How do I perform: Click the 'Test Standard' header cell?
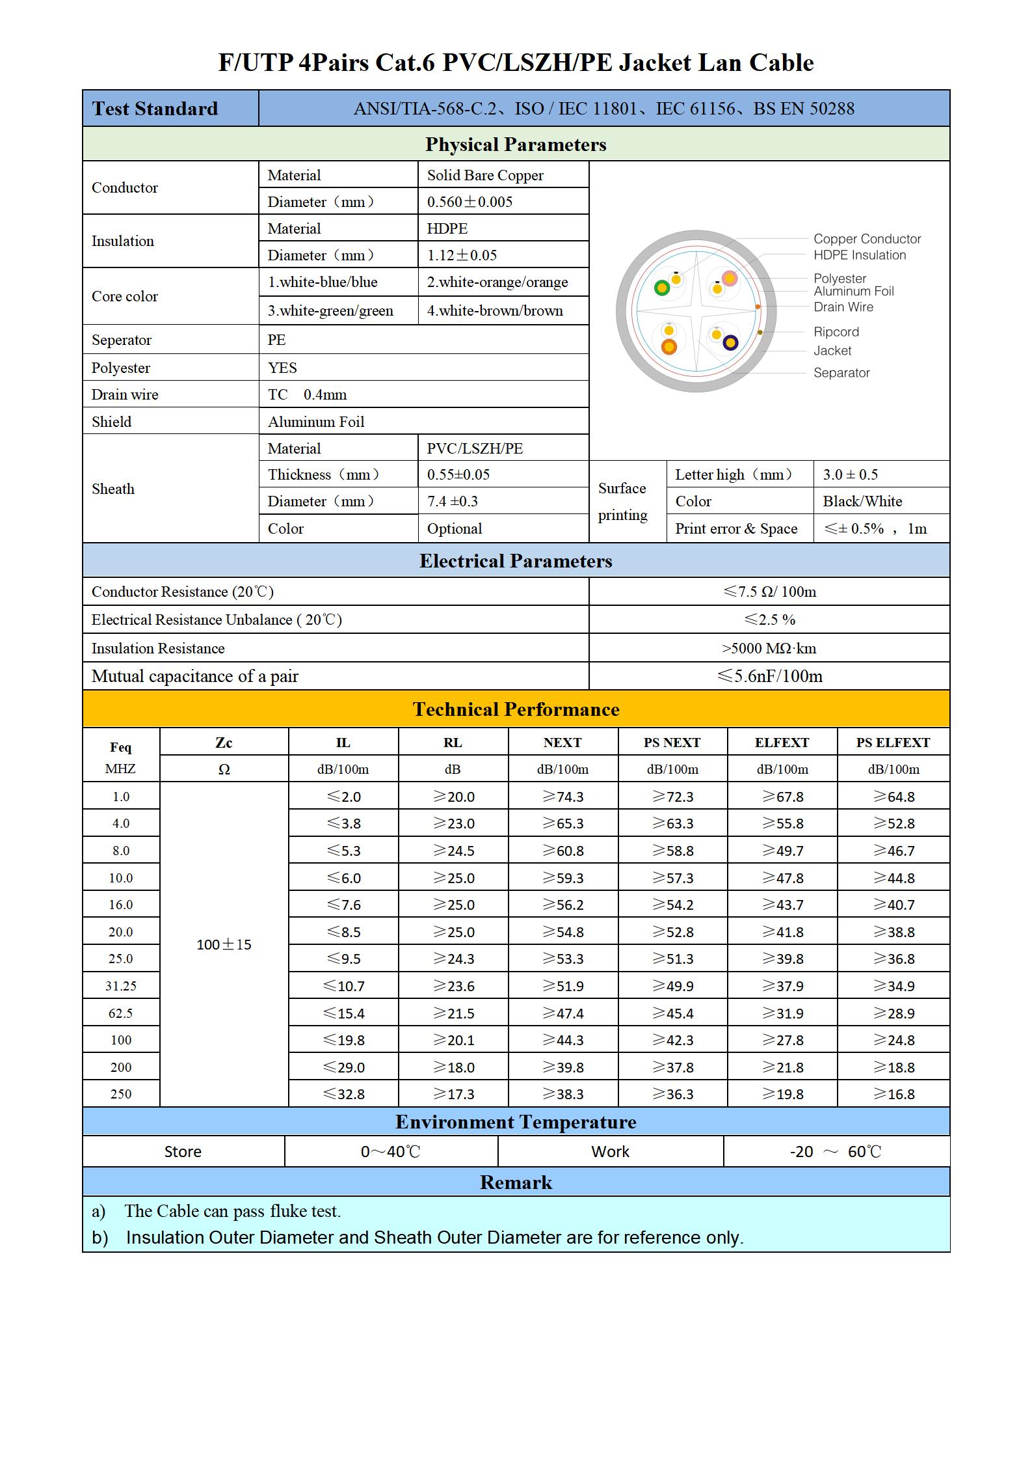(155, 109)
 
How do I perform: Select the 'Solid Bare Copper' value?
(484, 175)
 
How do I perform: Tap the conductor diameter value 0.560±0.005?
(470, 202)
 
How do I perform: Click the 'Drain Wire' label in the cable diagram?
(843, 307)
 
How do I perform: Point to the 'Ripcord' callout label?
(836, 332)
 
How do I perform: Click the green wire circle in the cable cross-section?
(662, 288)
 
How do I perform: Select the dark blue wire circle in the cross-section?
(730, 342)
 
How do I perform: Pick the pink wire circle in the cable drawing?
(730, 279)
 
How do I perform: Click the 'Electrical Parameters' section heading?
(515, 561)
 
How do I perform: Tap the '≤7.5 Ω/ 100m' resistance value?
(769, 592)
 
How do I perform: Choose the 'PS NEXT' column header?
(672, 743)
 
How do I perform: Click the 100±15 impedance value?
(224, 944)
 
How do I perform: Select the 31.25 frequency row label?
(121, 986)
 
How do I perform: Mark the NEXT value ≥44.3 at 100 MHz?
(562, 1040)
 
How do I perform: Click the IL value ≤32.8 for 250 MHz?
(343, 1094)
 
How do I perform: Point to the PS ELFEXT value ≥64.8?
(893, 797)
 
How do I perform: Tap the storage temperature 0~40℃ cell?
(390, 1152)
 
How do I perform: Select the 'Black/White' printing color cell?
(862, 501)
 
